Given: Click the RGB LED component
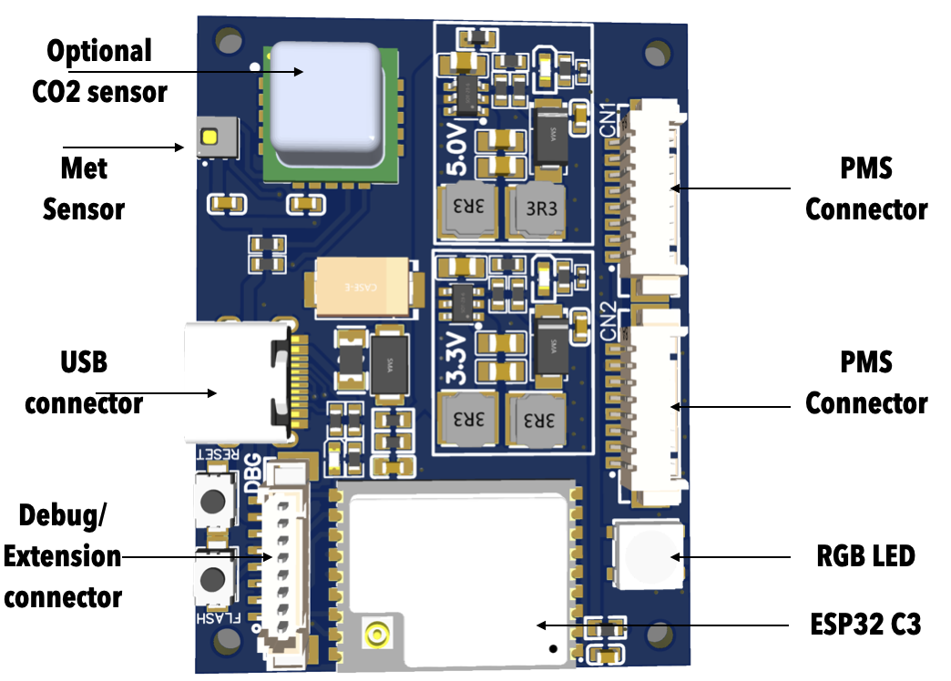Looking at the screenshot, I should coord(649,554).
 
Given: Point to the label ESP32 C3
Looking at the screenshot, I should coord(865,625).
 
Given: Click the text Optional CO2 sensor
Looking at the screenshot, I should coord(100,70).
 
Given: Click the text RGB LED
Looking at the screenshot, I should coord(864,554).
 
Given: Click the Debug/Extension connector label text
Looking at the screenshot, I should coord(63,556).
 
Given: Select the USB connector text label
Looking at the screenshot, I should coord(83,382).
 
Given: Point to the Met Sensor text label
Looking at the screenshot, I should coord(84,188).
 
